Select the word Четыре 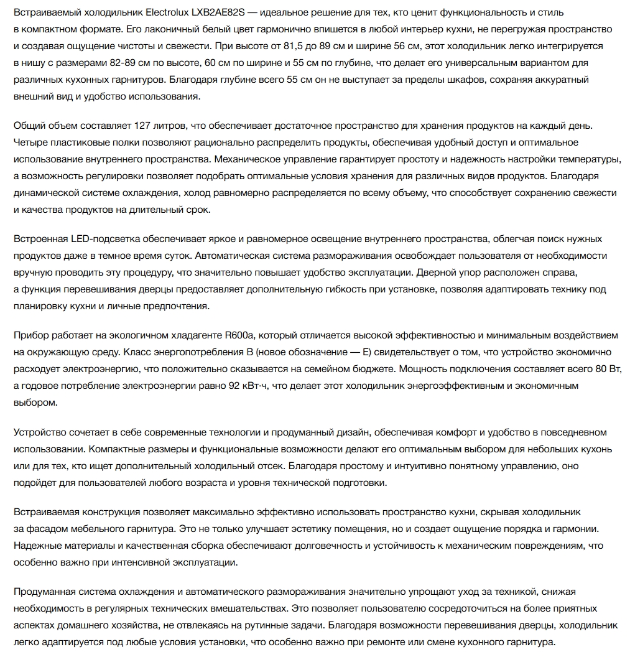coord(30,143)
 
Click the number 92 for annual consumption coord(234,386)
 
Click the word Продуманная coord(42,592)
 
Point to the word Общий coord(29,126)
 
